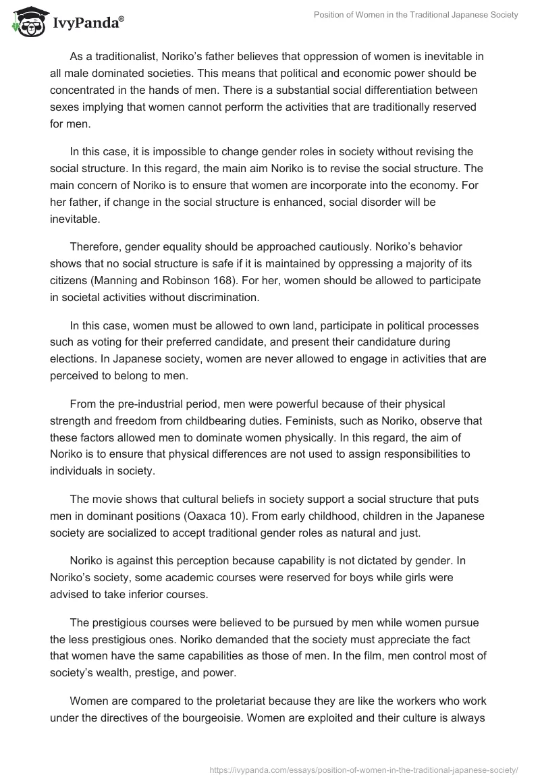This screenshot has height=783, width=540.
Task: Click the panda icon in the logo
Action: pos(25,22)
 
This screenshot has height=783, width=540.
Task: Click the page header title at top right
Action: pos(416,15)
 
